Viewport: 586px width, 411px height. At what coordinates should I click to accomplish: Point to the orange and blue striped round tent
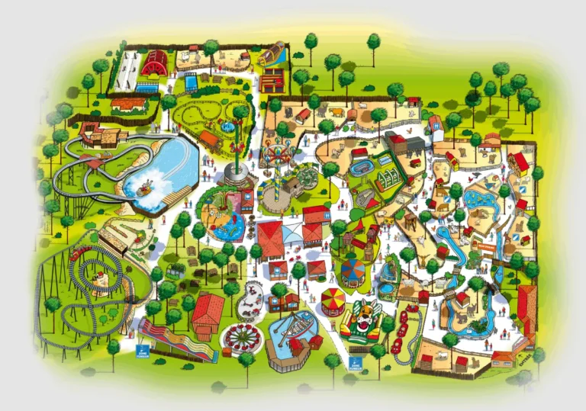tap(353, 270)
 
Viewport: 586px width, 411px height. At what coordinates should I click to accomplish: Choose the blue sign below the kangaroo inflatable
tap(354, 363)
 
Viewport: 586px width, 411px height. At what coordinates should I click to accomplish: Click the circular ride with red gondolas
tap(243, 336)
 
